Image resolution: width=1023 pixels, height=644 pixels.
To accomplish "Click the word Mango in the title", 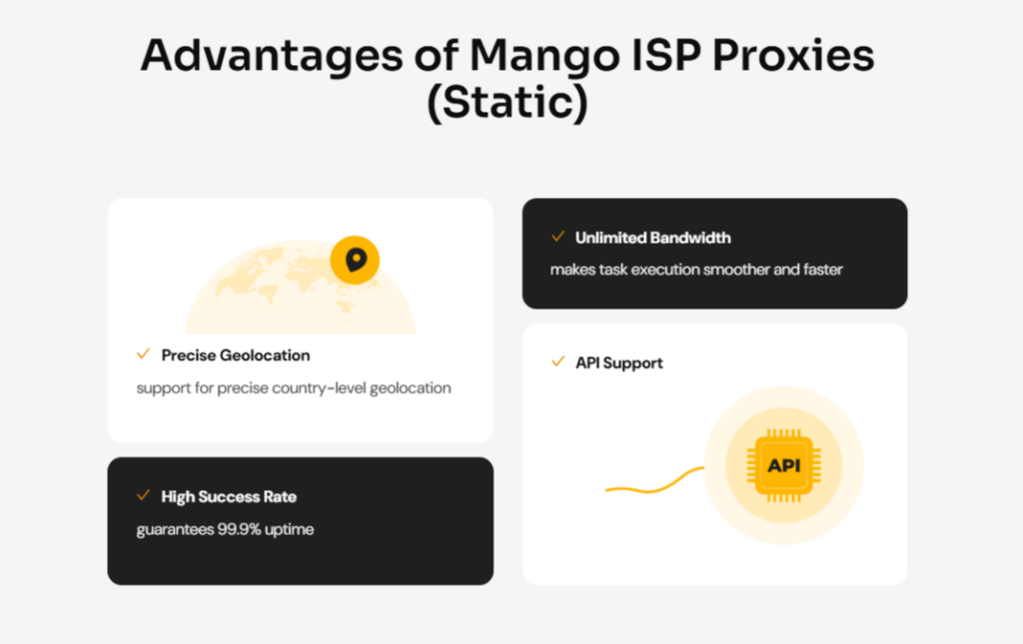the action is click(544, 57).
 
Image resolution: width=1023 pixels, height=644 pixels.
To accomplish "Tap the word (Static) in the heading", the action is click(508, 103).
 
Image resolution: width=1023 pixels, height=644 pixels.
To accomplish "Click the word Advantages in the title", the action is click(272, 57).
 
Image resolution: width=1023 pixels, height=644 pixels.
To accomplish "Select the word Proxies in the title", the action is click(793, 55).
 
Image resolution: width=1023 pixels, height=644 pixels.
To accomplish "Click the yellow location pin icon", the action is click(355, 260).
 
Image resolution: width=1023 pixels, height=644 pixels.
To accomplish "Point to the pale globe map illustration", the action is click(300, 287).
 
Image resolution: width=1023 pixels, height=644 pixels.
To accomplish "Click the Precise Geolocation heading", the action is click(236, 355).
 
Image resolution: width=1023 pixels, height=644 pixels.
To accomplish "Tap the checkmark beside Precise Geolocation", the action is click(144, 353).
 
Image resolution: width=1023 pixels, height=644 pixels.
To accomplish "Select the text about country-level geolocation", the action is click(294, 387).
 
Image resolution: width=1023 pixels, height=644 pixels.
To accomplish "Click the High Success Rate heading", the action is click(229, 496).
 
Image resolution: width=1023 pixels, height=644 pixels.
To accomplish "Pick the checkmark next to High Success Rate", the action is click(144, 495).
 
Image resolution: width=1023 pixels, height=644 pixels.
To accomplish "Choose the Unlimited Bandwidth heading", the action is click(653, 238).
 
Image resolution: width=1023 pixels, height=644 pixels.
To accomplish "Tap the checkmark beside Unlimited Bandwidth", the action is click(557, 236).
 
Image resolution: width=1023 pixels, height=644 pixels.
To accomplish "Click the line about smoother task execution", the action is click(696, 270).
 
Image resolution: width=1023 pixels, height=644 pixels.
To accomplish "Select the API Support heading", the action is click(619, 363).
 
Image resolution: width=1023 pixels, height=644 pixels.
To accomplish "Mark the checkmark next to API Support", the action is click(557, 361).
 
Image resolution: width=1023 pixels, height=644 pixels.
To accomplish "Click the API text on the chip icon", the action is click(783, 465).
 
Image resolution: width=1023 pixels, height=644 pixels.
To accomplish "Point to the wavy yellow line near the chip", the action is click(654, 485).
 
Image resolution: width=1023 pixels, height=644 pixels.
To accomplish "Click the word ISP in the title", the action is click(666, 55).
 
